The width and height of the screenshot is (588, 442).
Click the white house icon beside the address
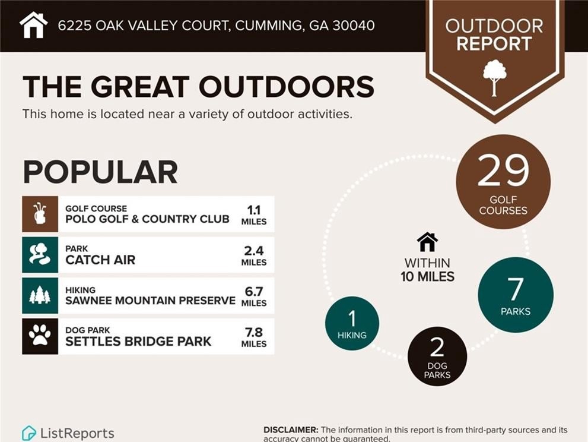pos(33,25)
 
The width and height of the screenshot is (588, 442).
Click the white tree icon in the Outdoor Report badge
pos(495,78)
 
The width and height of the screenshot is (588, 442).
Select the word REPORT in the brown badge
pos(494,43)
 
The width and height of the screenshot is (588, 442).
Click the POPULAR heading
pos(100,172)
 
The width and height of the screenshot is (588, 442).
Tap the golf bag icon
pos(40,214)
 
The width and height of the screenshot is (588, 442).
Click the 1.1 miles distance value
pos(254,215)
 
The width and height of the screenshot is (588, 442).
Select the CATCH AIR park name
pos(100,260)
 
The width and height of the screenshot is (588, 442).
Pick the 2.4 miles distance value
pos(254,255)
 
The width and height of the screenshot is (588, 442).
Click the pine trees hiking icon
pos(40,295)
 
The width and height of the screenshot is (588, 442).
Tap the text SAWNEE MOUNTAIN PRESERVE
pos(150,301)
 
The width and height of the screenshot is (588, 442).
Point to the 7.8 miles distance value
pos(254,337)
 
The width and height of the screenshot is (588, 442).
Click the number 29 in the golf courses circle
pos(503,171)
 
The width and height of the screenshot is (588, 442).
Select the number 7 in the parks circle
pos(515,289)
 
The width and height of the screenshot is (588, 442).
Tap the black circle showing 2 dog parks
pos(437,356)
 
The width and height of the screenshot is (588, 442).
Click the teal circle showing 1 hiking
pos(352,323)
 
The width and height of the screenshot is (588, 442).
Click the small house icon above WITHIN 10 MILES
pos(427,242)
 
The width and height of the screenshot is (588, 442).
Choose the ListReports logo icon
pos(28,433)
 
